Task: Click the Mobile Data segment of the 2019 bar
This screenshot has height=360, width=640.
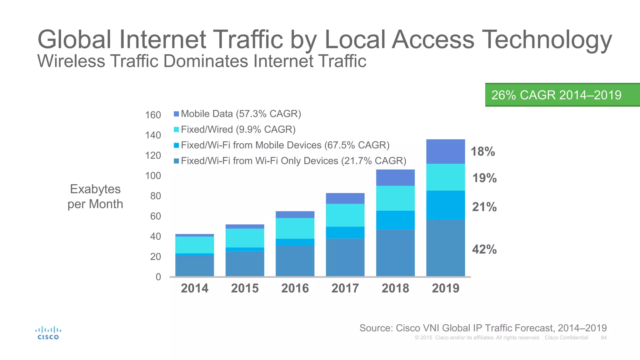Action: tap(445, 152)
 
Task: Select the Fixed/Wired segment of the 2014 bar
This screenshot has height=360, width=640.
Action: tap(194, 245)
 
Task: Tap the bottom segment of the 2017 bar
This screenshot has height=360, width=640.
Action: tap(345, 257)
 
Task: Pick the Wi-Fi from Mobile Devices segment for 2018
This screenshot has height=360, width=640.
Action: tap(395, 220)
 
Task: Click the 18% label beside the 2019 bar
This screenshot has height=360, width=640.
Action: tap(483, 152)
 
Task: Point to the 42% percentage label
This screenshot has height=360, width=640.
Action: tap(484, 249)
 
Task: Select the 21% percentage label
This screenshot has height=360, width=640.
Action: tap(484, 207)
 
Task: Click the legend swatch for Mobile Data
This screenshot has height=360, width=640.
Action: tap(177, 114)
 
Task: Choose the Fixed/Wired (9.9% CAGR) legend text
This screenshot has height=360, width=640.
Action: tap(238, 129)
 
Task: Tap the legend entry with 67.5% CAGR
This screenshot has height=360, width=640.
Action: tap(285, 145)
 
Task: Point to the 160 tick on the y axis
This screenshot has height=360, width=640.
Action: tap(153, 115)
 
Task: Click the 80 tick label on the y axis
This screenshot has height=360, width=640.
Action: tap(155, 196)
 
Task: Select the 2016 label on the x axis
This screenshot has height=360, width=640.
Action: tap(295, 288)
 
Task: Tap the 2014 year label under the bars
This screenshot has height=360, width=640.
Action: tap(194, 288)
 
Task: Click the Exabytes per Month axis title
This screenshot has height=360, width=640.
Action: tap(95, 196)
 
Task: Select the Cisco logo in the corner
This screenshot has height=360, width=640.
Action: tap(48, 333)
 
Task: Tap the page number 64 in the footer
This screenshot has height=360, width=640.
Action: tap(604, 337)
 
